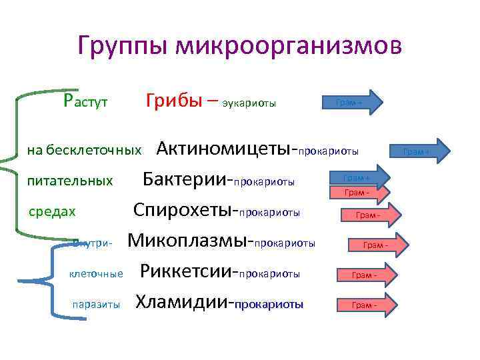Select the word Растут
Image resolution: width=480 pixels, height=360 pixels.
click(85, 101)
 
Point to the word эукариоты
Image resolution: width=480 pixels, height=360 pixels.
click(249, 103)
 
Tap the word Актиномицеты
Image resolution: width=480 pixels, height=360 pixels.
click(225, 149)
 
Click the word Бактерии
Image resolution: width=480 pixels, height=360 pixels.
click(185, 179)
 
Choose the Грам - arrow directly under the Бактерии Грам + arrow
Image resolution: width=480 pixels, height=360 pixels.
click(357, 193)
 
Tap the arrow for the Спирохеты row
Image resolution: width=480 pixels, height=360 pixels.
click(370, 215)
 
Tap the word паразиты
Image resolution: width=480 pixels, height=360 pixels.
click(96, 305)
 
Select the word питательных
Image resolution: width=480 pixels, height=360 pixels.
click(70, 181)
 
